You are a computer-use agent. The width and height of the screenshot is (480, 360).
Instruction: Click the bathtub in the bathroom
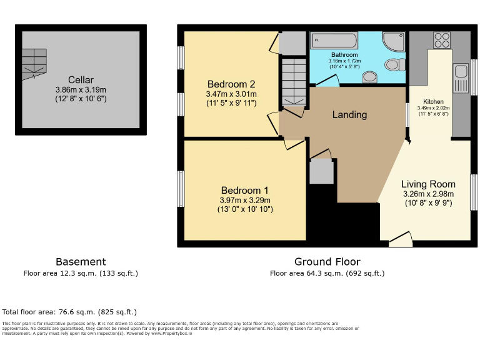tap(334, 42)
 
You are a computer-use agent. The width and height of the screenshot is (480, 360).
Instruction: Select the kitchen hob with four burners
tap(442, 40)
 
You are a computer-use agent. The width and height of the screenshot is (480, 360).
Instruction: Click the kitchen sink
tap(461, 77)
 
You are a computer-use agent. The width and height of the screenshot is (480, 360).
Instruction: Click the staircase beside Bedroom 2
tap(292, 82)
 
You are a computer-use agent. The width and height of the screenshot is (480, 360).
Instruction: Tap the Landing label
tap(349, 114)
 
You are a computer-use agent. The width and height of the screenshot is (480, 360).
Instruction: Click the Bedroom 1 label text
tap(244, 190)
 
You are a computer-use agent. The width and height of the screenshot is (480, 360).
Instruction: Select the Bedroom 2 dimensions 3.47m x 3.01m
tap(231, 94)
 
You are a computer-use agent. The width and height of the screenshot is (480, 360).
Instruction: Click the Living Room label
tap(427, 184)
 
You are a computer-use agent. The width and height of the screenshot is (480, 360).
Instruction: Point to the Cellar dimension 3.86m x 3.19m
tap(81, 89)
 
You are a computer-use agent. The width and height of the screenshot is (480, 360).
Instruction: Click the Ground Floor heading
tap(327, 262)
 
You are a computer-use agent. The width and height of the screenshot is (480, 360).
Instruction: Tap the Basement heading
tap(81, 262)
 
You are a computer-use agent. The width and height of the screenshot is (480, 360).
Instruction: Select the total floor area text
tap(69, 311)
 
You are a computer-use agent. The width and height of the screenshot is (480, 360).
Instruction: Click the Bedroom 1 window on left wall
tap(181, 190)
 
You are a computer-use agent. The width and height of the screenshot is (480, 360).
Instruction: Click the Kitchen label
tap(433, 101)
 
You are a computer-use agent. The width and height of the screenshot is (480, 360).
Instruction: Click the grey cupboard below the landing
tap(322, 171)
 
